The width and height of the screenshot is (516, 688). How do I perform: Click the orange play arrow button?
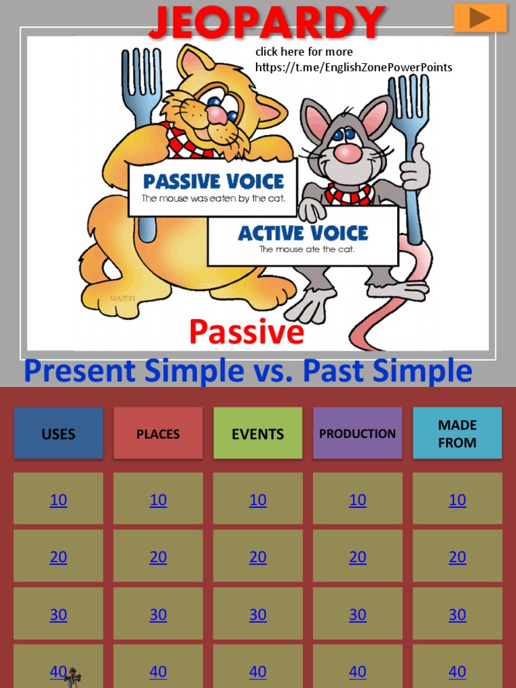[480, 18]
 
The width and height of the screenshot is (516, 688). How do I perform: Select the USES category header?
[58, 434]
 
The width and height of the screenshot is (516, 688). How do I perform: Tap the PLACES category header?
[158, 434]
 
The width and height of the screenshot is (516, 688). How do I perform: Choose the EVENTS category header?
[258, 434]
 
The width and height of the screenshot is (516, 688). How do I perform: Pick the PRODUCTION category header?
[357, 434]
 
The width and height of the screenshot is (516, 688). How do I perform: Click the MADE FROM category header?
[457, 434]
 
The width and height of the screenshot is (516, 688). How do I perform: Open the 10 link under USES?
[58, 500]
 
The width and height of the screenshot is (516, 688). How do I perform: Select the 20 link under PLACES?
[158, 557]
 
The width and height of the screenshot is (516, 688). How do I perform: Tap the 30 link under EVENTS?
[258, 615]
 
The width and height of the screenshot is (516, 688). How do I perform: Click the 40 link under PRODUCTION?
[357, 671]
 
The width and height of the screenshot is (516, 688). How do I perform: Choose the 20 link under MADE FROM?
[457, 557]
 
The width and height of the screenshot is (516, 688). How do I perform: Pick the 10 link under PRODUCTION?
[357, 500]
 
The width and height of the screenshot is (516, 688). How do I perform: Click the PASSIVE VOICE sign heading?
[214, 181]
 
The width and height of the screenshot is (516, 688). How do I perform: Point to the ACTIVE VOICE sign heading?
[303, 233]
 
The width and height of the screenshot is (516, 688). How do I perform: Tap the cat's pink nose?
[216, 114]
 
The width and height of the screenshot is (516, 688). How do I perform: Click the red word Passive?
[247, 332]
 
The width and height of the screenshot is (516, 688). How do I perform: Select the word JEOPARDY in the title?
[267, 21]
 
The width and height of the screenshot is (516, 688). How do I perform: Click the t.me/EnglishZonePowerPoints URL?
[353, 67]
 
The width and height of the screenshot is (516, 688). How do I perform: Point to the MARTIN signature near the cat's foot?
[122, 298]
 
